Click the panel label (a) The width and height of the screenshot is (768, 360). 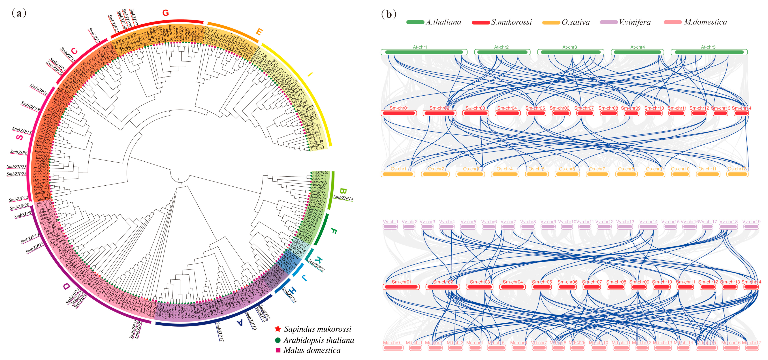pyautogui.click(x=19, y=13)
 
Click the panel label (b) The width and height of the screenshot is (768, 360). pyautogui.click(x=389, y=14)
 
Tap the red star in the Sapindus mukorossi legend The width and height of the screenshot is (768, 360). pyautogui.click(x=278, y=329)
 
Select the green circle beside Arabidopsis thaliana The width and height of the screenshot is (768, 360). pyautogui.click(x=278, y=340)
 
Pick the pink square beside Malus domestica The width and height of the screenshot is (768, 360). pyautogui.click(x=278, y=350)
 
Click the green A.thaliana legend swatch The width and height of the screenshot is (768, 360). pyautogui.click(x=415, y=22)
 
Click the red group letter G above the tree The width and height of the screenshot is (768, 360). pyautogui.click(x=165, y=13)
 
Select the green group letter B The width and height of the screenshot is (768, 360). pyautogui.click(x=343, y=191)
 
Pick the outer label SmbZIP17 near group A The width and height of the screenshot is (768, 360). pyautogui.click(x=220, y=331)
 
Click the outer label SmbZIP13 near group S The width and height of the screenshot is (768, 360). pyautogui.click(x=22, y=130)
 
